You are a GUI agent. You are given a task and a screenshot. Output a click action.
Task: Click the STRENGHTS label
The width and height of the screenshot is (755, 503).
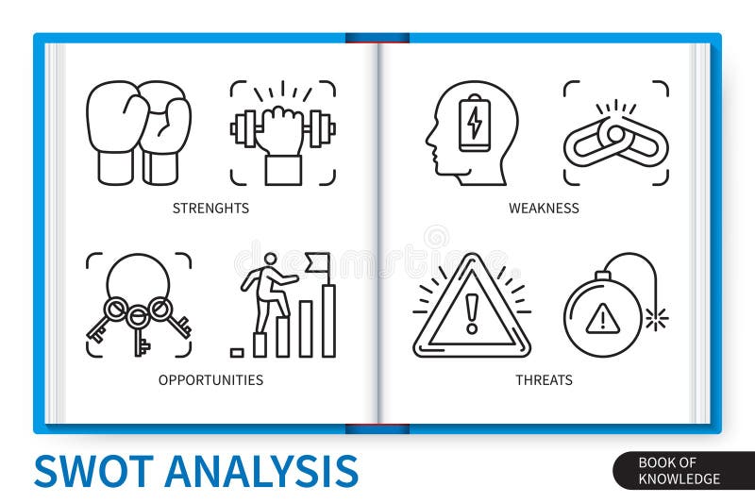[x=210, y=208]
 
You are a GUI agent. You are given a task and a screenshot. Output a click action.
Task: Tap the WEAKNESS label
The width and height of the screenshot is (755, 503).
[x=544, y=208]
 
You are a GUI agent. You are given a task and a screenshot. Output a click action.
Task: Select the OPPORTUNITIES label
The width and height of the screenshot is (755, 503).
[x=210, y=380]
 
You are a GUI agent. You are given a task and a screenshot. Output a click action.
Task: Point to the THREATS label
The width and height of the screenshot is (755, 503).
[x=544, y=380]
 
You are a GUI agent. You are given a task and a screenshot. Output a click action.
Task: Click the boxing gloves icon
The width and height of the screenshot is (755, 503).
[x=138, y=132]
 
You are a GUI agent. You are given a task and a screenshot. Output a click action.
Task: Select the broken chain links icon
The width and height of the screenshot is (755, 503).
[x=616, y=142]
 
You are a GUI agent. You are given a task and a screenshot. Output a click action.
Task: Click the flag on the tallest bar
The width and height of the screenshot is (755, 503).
[x=317, y=260]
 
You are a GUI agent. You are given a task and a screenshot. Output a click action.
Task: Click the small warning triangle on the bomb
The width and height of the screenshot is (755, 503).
[x=602, y=320]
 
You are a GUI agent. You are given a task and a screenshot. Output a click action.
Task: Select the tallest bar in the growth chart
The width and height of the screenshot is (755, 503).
[x=328, y=320]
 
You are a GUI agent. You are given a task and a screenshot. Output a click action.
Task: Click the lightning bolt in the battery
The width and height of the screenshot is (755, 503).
[x=475, y=124]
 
